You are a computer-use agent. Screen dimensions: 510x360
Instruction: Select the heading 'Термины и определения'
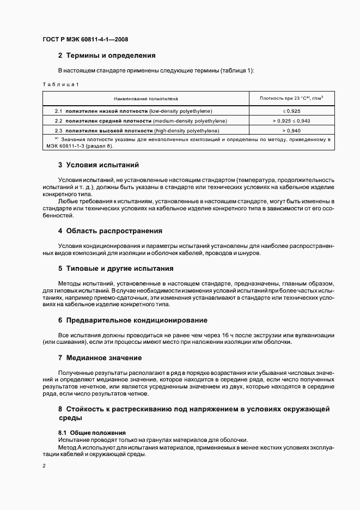111,56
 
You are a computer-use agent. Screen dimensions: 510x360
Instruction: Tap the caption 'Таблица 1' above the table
61,84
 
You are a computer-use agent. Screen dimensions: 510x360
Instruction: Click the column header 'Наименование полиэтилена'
145,99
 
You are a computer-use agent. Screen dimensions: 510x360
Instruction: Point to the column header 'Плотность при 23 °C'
291,98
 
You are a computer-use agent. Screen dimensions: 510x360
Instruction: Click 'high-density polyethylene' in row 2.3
186,131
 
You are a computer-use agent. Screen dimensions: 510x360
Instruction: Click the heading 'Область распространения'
114,231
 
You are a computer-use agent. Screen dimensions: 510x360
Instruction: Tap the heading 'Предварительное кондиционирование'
136,320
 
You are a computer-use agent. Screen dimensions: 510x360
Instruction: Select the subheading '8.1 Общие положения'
91,432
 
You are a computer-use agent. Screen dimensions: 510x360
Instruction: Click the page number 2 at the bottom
44,466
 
